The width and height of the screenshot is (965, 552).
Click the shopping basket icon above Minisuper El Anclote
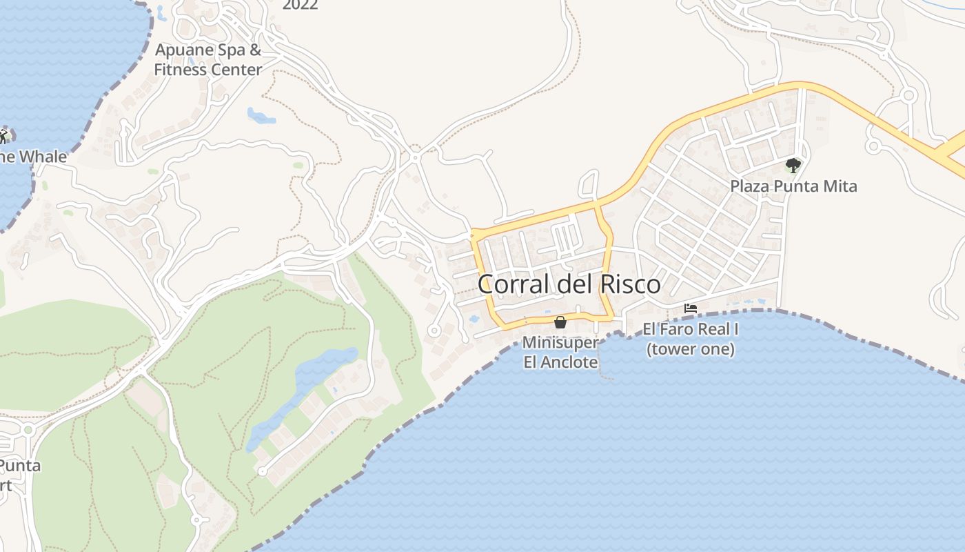pyautogui.click(x=560, y=322)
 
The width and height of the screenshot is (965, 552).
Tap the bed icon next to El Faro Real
pyautogui.click(x=691, y=308)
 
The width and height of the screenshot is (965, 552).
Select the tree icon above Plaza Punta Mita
pyautogui.click(x=793, y=166)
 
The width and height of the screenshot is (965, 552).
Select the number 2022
pyautogui.click(x=300, y=6)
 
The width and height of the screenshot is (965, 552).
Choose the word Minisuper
pyautogui.click(x=560, y=342)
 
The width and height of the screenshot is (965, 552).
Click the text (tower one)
pyautogui.click(x=691, y=349)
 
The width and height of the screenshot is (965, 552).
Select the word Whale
pyautogui.click(x=43, y=157)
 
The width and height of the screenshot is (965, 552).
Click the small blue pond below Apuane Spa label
pyautogui.click(x=261, y=116)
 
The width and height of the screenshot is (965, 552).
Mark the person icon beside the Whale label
pyautogui.click(x=3, y=136)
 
